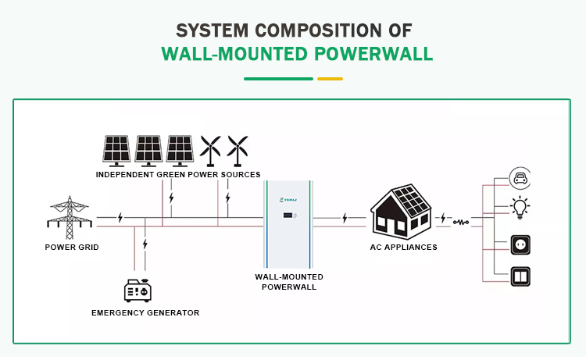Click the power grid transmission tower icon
coord(70,216)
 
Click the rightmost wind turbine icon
coord(238,150)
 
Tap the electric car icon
coord(520,179)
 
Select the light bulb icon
coord(520,208)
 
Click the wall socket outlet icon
coord(520,244)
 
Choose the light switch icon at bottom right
coord(520,276)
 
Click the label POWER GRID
coord(71,247)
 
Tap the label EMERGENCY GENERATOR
coord(145,312)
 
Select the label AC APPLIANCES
coord(403,247)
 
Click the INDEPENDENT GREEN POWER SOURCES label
coord(178,174)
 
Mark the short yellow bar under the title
coord(330,78)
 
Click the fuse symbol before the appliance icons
coord(462,222)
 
